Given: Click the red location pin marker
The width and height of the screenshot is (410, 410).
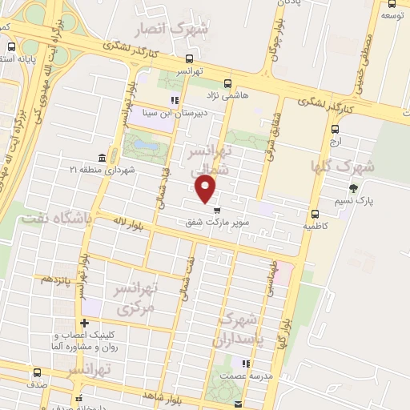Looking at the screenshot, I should tap(207, 189).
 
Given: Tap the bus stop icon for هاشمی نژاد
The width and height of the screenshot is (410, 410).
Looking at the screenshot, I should tap(228, 83).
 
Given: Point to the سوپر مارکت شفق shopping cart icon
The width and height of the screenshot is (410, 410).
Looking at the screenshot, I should tap(217, 210).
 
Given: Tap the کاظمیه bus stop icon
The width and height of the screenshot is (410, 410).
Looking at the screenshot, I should tap(315, 213).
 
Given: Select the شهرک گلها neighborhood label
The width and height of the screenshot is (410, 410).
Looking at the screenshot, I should tap(342, 167).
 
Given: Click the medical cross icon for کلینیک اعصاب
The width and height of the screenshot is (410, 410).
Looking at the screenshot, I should tap(84, 323).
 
